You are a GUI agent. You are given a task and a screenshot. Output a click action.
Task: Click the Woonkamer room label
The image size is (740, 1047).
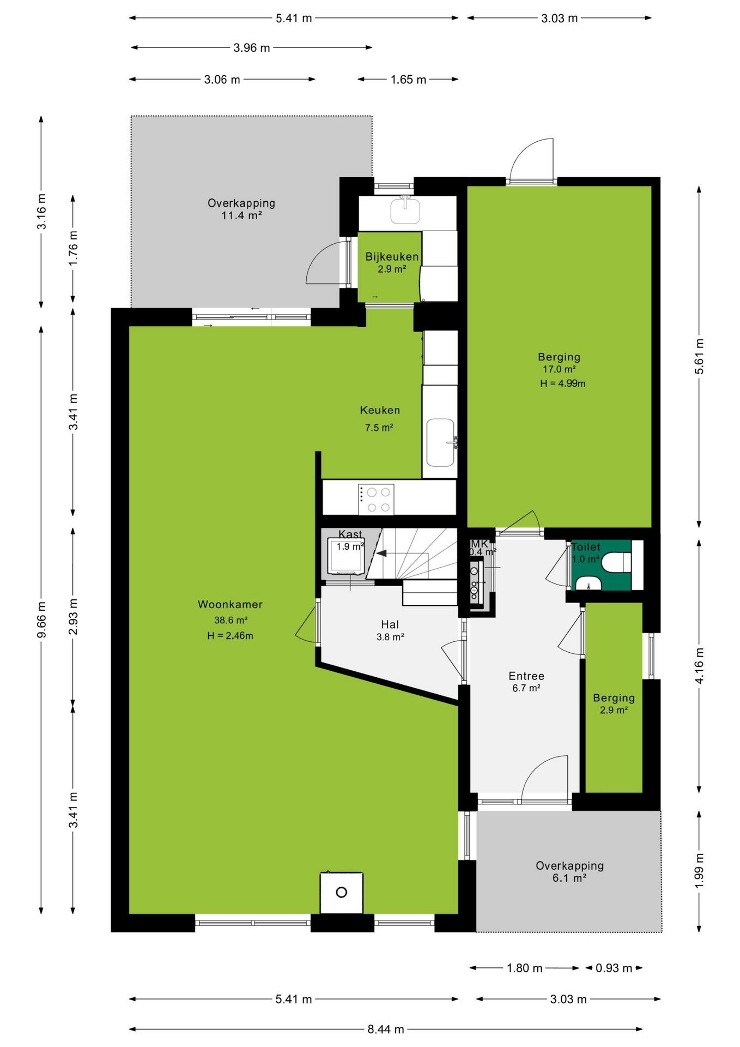pos(230,604)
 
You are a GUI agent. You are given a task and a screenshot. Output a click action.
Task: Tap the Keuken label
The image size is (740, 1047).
pos(380,410)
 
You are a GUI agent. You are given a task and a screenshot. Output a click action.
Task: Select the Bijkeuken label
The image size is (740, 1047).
pos(392,256)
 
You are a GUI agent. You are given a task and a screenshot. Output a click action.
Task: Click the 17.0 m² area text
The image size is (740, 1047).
pos(559,369)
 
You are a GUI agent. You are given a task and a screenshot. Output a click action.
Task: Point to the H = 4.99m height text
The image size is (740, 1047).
pos(563,383)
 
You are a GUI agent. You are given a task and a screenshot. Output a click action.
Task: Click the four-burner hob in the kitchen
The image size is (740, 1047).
pos(376,498)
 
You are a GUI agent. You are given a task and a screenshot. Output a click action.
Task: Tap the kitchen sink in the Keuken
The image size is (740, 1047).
pos(440,442)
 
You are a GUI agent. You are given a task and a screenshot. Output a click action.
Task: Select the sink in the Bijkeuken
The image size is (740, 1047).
pos(405,210)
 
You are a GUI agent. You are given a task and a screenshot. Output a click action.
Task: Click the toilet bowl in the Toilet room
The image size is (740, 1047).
pos(616,562)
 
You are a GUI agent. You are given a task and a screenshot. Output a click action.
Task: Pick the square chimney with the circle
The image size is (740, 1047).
pos(342,893)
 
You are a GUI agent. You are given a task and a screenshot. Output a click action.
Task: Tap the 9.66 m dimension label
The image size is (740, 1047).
pos(41,619)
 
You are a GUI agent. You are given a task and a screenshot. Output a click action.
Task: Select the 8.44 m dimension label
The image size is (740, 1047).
pos(386,1029)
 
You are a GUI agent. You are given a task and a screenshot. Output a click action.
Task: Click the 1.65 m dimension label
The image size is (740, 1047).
pos(408,80)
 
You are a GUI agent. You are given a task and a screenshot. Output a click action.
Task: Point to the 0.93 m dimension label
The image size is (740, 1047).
pos(614,968)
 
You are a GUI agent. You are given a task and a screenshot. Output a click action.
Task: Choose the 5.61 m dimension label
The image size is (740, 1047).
pos(699,357)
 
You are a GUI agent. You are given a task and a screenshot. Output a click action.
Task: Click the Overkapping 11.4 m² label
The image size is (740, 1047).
pos(241,209)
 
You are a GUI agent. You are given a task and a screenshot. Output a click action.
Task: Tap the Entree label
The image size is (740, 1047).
pos(526,676)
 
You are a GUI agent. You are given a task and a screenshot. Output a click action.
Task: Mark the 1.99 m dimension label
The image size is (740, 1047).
pos(699,870)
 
